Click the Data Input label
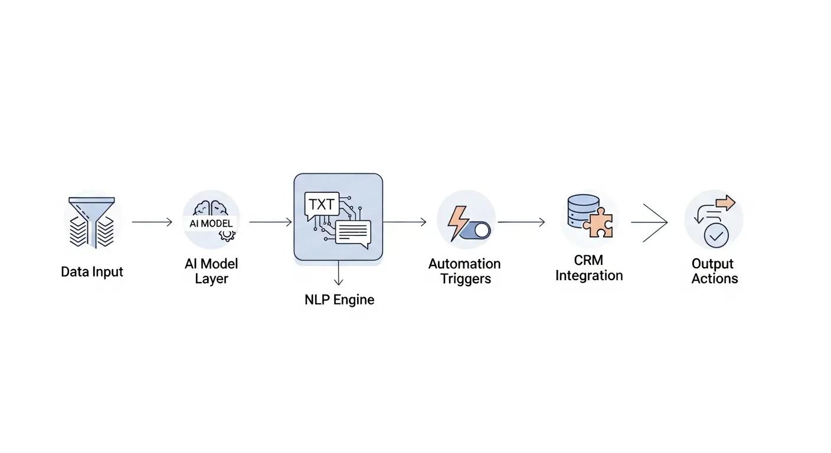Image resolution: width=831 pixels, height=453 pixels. (x=92, y=272)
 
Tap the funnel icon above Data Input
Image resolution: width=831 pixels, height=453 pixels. (x=92, y=222)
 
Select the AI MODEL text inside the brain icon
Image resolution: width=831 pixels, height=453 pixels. (x=211, y=224)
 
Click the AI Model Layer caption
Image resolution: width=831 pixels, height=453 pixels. (x=211, y=271)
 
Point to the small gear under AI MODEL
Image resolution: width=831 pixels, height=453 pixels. (x=227, y=235)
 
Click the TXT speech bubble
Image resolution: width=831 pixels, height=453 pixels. (x=322, y=205)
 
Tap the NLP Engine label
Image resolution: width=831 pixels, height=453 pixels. (x=339, y=300)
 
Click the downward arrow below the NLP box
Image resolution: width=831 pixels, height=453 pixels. (x=338, y=274)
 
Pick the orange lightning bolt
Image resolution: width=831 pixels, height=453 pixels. (x=457, y=222)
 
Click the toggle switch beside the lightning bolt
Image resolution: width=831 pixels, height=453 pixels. (x=476, y=231)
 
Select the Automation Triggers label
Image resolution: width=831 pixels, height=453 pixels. (x=464, y=271)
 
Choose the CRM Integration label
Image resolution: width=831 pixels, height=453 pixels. (x=589, y=268)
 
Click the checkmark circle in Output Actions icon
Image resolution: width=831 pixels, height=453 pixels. (x=717, y=236)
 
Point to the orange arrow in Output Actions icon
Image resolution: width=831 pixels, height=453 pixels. (x=725, y=204)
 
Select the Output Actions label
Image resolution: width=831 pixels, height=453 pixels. (x=714, y=271)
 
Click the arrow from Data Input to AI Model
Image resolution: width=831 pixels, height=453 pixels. (x=152, y=222)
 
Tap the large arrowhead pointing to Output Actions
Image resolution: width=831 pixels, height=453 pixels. (x=655, y=222)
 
